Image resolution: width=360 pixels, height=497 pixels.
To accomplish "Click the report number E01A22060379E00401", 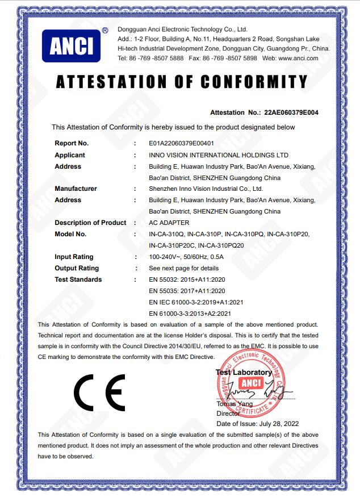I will pyautogui.click(x=181, y=144).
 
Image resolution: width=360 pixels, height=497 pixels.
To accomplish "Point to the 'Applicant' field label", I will pyautogui.click(x=70, y=155).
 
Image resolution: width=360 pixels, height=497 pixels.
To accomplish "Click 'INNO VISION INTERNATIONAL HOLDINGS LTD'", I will pyautogui.click(x=218, y=155).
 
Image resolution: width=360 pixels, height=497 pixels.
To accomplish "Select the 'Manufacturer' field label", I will pyautogui.click(x=76, y=189).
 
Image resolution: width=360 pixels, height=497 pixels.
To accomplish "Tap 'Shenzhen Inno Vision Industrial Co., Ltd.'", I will pyautogui.click(x=206, y=189).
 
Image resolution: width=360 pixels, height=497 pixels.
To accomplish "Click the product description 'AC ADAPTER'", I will pyautogui.click(x=169, y=223).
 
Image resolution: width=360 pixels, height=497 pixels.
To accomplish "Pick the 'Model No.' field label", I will pyautogui.click(x=70, y=234).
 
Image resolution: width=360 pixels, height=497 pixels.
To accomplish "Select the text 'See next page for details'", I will pyautogui.click(x=183, y=268).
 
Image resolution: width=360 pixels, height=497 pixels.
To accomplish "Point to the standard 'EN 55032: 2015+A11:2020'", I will pyautogui.click(x=187, y=279).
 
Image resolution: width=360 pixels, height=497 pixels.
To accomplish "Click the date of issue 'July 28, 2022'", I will pyautogui.click(x=278, y=423).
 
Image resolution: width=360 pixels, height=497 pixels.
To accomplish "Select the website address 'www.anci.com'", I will pyautogui.click(x=299, y=59).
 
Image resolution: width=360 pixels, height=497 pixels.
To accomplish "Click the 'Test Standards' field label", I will pyautogui.click(x=78, y=279).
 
